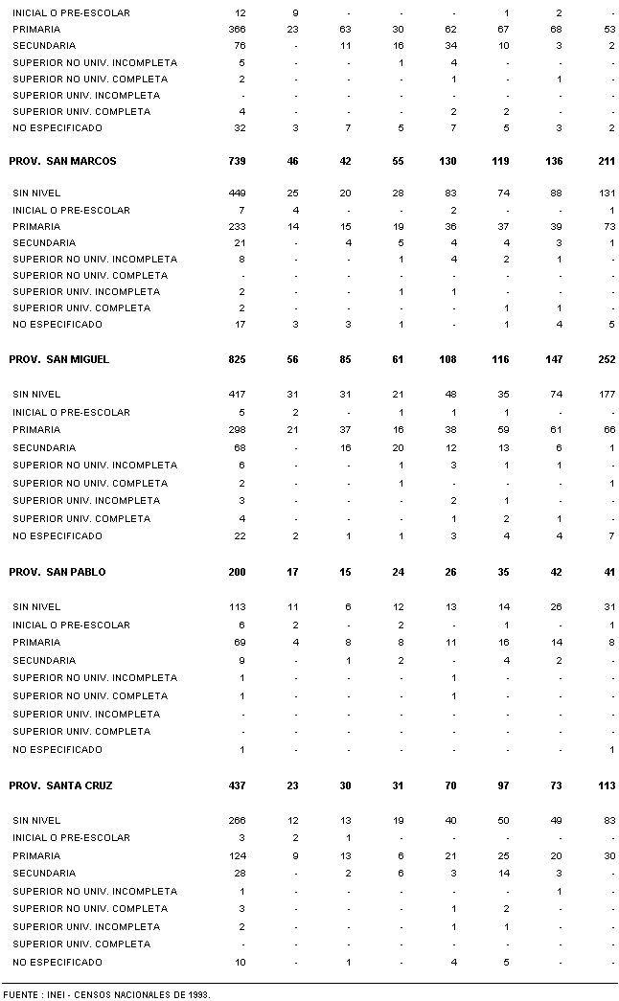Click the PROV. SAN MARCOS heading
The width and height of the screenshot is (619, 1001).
click(x=62, y=161)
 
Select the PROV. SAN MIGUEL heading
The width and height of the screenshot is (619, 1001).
click(x=58, y=359)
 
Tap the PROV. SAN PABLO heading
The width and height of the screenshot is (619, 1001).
click(x=57, y=572)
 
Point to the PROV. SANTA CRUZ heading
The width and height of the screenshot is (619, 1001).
click(x=60, y=785)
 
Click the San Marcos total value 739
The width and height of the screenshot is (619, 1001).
click(x=237, y=161)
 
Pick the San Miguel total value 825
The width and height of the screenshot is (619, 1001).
click(x=237, y=359)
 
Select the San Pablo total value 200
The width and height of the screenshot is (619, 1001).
click(x=237, y=572)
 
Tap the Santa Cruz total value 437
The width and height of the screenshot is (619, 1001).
click(x=237, y=785)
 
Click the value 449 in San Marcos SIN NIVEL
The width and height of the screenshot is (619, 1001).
click(x=237, y=193)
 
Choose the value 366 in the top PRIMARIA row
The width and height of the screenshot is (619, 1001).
click(x=237, y=30)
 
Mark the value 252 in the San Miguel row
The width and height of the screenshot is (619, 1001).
click(x=606, y=359)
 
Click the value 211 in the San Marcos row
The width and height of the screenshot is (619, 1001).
click(x=606, y=161)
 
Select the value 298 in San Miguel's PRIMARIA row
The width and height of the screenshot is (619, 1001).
click(x=237, y=430)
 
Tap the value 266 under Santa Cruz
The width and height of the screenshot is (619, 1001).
click(x=237, y=820)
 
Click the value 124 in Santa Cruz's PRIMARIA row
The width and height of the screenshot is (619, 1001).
click(x=237, y=855)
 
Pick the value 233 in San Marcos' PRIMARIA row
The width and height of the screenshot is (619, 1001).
click(x=237, y=227)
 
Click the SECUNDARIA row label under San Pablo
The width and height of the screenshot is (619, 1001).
click(x=44, y=660)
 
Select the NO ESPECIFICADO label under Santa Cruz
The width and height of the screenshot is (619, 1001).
click(x=57, y=962)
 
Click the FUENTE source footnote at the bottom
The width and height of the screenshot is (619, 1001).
click(x=105, y=994)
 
